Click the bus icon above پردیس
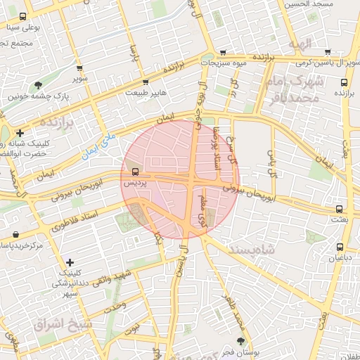pos(135,171)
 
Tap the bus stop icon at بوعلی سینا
pos(23,17)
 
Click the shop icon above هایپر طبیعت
pos(146,82)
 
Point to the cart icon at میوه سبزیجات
pos(223,52)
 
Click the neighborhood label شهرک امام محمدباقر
pos(294,89)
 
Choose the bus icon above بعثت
pos(340,209)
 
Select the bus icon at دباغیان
pos(340,247)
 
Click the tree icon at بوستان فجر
pos(241,340)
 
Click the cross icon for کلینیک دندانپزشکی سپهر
pos(69,262)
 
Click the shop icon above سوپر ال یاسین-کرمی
pos(330,52)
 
